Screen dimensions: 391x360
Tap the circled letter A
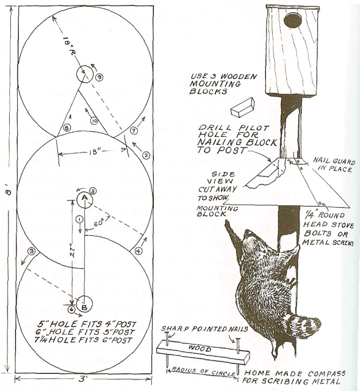tap(85, 198)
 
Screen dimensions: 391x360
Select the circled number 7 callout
tap(134, 131)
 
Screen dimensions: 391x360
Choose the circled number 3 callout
tap(30, 251)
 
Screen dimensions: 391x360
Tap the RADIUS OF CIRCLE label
tap(202, 369)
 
